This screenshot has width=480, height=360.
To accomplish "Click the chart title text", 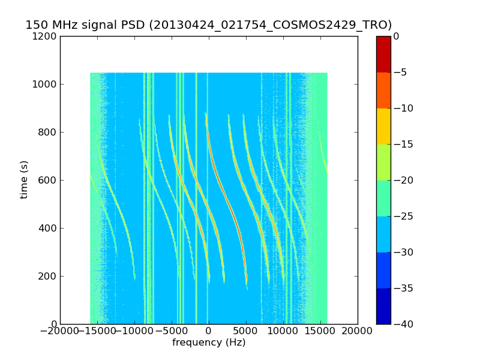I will pos(209,25).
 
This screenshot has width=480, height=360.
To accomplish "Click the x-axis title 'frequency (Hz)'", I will pos(209,343).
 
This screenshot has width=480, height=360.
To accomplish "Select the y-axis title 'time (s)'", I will pos(25,180).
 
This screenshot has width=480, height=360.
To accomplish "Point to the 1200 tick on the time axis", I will pos(46,36).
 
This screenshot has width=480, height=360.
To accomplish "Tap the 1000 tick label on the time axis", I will pos(46,84).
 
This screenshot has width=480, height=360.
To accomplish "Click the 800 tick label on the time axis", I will pos(49,132).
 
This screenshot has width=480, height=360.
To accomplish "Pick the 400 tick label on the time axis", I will pos(49,228).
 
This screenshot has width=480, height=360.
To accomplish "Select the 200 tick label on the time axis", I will pos(49,276).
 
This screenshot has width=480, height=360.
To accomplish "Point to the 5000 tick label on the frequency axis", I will pos(246,332).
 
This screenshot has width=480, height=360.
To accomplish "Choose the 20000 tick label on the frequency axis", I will pos(358,332).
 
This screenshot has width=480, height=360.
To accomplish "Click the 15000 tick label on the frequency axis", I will pos(320,332).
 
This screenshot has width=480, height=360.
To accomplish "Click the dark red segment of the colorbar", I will pos(383,54).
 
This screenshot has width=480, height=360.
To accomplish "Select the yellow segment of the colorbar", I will pos(383,126).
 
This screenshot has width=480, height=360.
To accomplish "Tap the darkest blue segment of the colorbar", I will pos(383,306).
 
